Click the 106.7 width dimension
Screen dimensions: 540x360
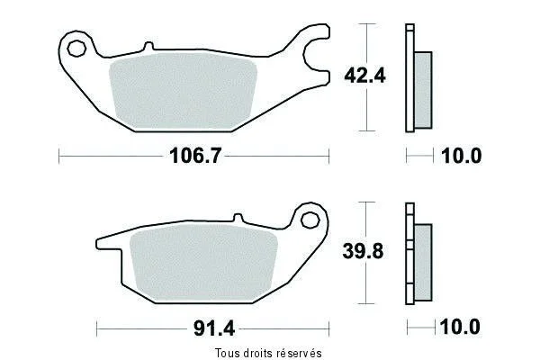[x=195, y=156]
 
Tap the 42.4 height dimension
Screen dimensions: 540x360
[x=365, y=76]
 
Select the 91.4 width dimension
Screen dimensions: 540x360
[x=214, y=328]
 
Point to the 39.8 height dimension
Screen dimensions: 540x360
[x=363, y=251]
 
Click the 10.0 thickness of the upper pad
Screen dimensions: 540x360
[x=461, y=156]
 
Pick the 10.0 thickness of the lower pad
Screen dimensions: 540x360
[x=460, y=327]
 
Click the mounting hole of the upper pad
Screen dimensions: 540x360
[x=76, y=49]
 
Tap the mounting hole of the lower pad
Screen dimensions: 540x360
[x=310, y=220]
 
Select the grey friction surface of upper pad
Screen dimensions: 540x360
[x=183, y=91]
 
